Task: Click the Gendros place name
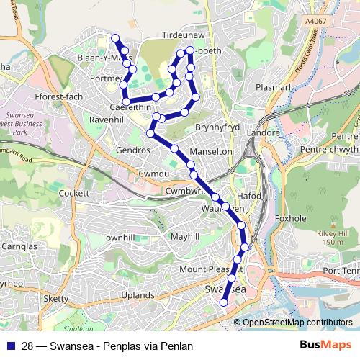133,150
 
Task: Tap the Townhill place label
119,237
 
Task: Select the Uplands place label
138,295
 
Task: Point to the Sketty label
55,298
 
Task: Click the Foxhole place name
292,218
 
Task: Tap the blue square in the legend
11,346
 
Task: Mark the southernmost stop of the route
223,302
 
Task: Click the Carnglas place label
19,246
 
